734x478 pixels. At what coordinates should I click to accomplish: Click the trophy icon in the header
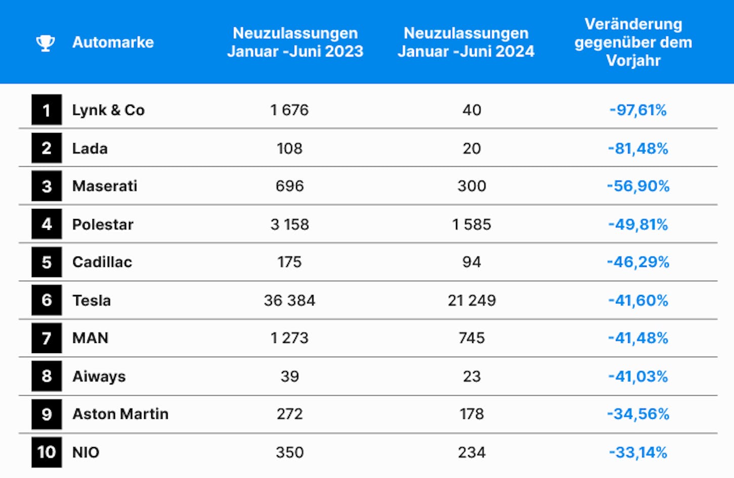[x=45, y=43]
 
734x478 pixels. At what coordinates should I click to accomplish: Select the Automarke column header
[x=113, y=42]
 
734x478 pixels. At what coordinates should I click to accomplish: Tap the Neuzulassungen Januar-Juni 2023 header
[x=295, y=42]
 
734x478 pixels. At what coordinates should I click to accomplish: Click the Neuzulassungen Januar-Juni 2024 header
[x=466, y=42]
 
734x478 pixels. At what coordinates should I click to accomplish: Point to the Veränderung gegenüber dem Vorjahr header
[x=633, y=42]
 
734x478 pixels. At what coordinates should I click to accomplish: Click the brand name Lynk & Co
[x=108, y=110]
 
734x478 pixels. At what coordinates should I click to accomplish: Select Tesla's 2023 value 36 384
[x=290, y=300]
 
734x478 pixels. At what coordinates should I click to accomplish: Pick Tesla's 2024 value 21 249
[x=472, y=300]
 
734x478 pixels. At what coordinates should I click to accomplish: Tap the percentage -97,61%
[x=637, y=110]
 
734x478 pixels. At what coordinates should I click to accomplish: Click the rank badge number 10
[x=47, y=452]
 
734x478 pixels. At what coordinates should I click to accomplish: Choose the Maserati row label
[x=105, y=186]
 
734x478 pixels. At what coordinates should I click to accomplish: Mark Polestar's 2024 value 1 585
[x=472, y=225]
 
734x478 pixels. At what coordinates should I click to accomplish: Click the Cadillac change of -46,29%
[x=638, y=263]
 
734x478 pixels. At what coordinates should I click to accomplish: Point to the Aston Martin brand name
[x=120, y=414]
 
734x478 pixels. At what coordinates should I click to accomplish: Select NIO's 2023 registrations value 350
[x=290, y=452]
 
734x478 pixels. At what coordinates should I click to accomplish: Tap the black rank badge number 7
[x=47, y=338]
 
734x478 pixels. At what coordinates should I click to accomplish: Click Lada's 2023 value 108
[x=290, y=149]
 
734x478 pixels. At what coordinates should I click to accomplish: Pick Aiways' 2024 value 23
[x=472, y=376]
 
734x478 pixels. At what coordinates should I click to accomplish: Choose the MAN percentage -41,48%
[x=638, y=338]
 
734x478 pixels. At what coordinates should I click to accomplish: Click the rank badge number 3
[x=47, y=186]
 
